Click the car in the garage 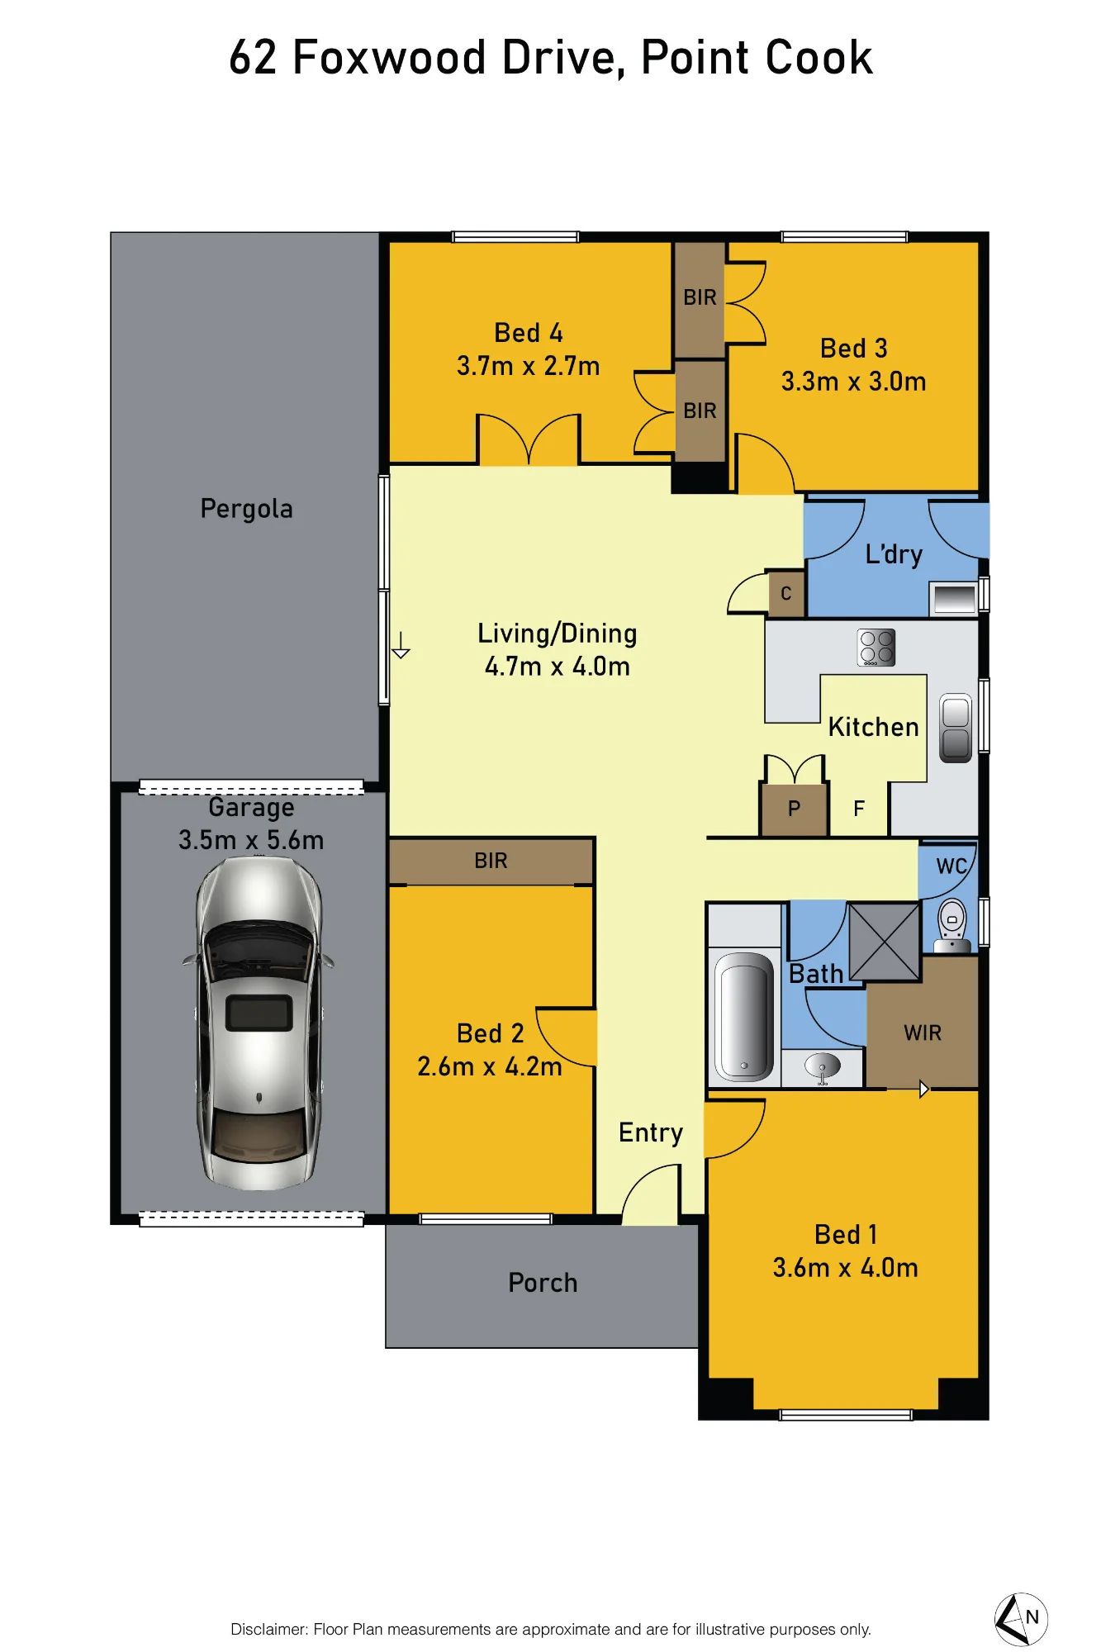259,1023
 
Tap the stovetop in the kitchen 876,648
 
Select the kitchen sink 956,727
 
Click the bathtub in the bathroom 744,1016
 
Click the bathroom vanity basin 823,1067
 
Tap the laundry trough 954,598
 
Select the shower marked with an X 885,942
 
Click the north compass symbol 1021,1619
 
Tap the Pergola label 247,509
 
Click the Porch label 543,1283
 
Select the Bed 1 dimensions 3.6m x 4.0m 845,1268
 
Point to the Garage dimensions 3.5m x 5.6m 251,840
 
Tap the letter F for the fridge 859,809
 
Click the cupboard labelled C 785,593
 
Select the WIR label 923,1033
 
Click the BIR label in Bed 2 491,861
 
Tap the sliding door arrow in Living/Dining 401,645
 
